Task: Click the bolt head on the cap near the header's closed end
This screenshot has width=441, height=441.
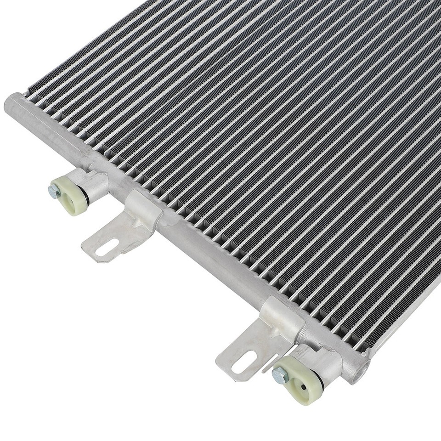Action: pyautogui.click(x=54, y=191)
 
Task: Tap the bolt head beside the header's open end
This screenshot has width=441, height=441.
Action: pyautogui.click(x=279, y=376)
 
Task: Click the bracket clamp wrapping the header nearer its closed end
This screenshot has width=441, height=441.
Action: pyautogui.click(x=143, y=209)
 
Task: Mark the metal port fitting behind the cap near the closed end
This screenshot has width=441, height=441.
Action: pyautogui.click(x=96, y=184)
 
